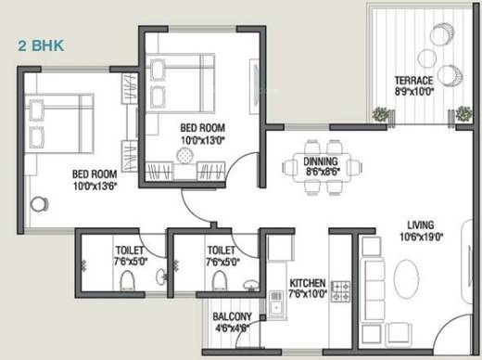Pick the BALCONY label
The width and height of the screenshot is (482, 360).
click(x=231, y=316)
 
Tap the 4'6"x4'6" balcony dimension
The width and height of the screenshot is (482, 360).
click(x=231, y=327)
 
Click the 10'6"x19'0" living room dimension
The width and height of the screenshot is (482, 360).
click(x=424, y=236)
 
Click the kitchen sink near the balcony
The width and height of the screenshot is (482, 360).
click(x=275, y=301)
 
